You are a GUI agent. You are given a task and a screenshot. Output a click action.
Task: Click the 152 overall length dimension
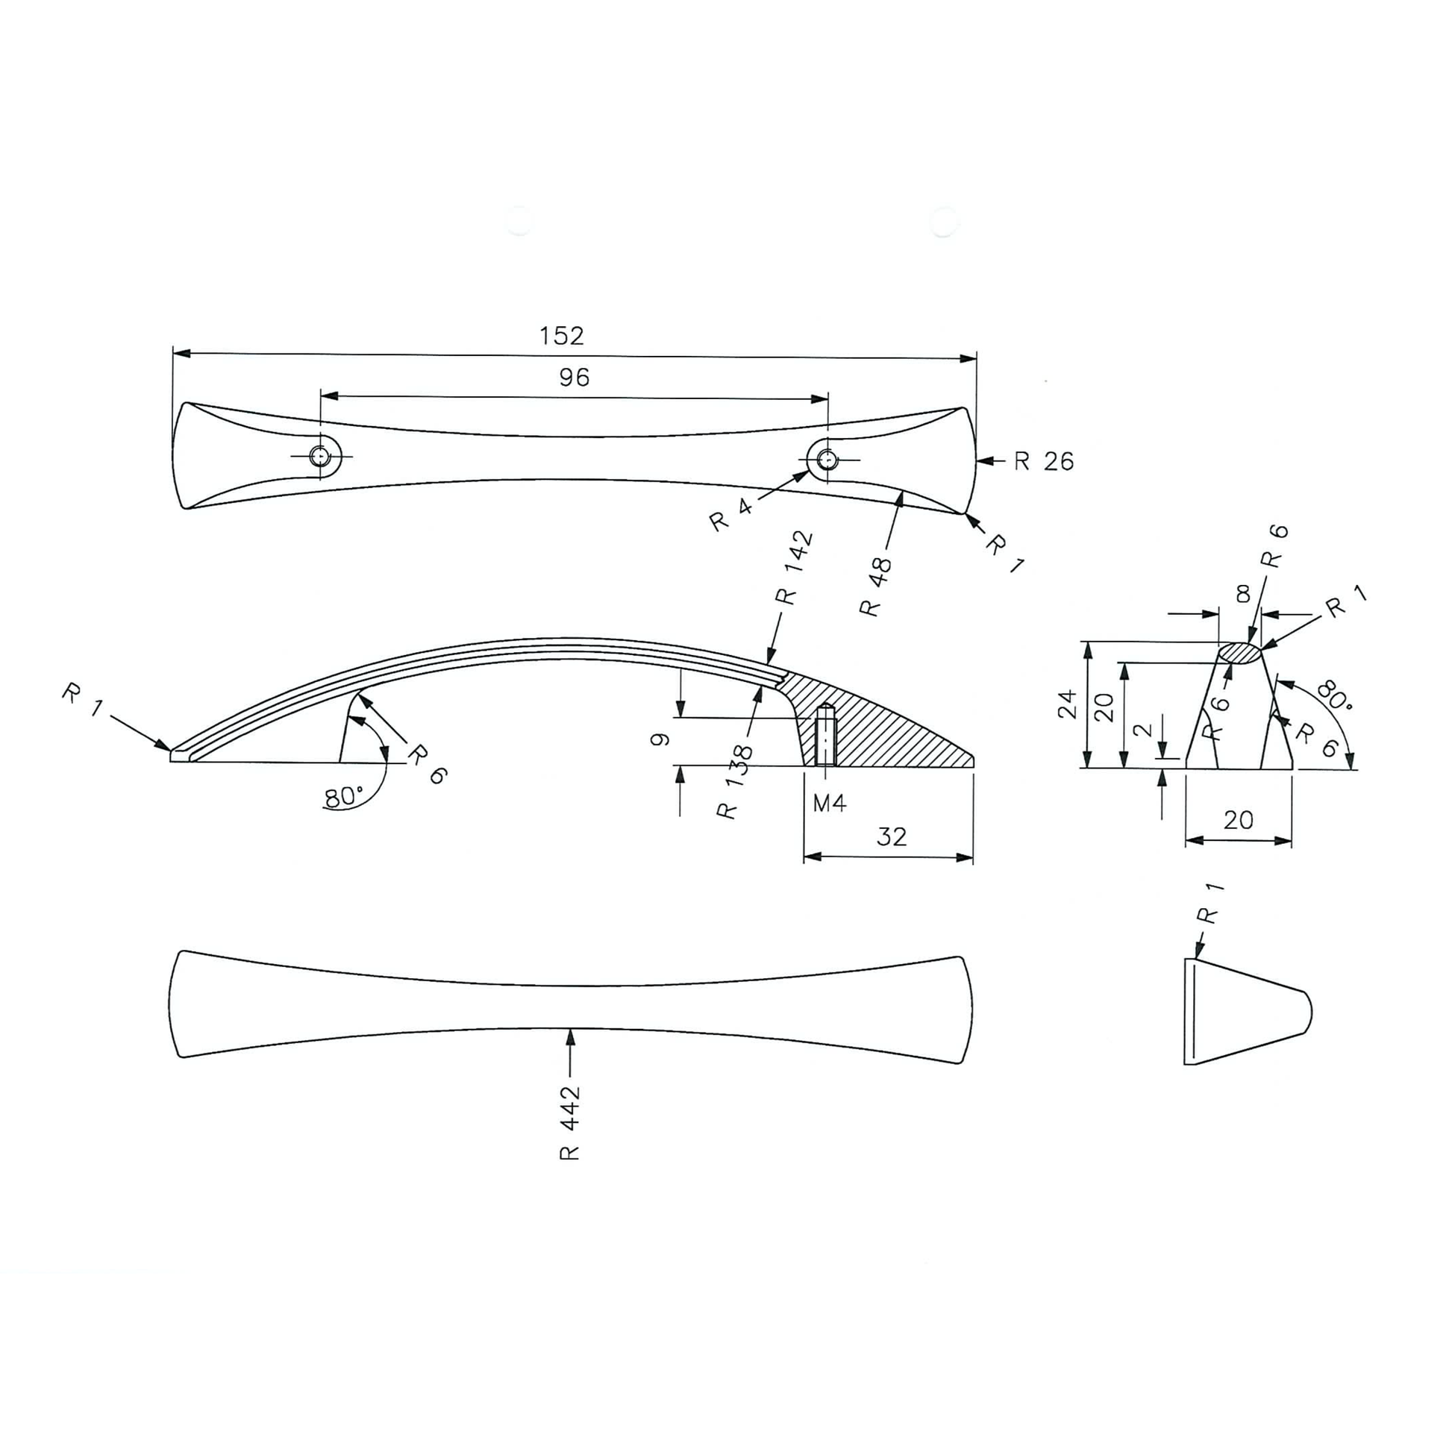click(x=561, y=336)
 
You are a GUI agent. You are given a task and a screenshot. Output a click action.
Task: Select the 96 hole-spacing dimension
click(x=574, y=378)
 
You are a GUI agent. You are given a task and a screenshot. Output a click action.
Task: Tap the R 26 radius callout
click(x=1043, y=461)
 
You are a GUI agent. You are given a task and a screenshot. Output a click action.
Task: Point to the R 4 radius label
click(x=731, y=515)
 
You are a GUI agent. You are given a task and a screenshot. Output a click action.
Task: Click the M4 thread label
click(x=829, y=804)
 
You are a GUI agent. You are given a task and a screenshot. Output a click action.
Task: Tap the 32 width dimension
click(x=892, y=837)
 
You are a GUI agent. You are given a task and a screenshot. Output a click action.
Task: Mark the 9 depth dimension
click(x=660, y=740)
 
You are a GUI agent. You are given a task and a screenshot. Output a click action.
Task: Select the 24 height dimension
click(x=1068, y=705)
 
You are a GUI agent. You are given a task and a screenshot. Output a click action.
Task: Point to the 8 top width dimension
click(x=1243, y=595)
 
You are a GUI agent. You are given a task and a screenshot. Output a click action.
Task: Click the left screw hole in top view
click(x=321, y=455)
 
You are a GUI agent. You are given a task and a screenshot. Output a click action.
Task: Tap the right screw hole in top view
click(x=827, y=458)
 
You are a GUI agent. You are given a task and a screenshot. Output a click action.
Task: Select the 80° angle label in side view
click(x=343, y=797)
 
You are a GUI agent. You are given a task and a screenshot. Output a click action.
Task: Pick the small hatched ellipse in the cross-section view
click(x=1239, y=652)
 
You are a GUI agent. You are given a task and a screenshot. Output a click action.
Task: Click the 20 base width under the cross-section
click(x=1238, y=819)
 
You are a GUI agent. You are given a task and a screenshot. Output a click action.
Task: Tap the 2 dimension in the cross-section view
click(x=1142, y=730)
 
